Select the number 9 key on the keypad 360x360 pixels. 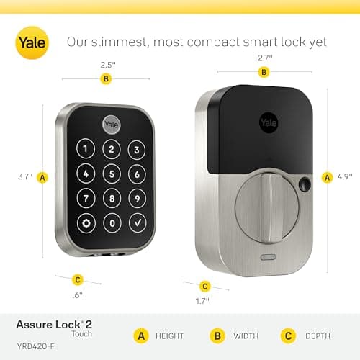[x=135, y=197]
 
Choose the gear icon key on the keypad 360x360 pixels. [x=86, y=222]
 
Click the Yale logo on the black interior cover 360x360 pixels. [x=267, y=116]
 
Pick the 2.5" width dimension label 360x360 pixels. [x=106, y=65]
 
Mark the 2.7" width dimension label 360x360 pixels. [x=264, y=58]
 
